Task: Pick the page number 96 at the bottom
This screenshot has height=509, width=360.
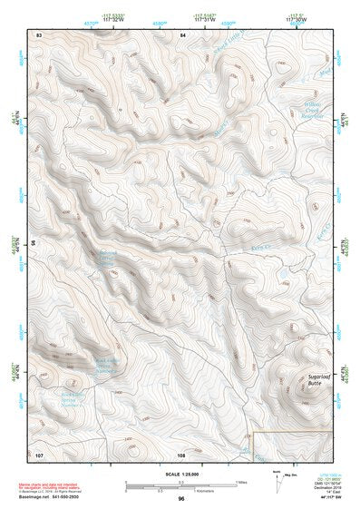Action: click(x=181, y=498)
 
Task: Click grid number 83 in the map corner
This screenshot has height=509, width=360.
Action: click(x=39, y=34)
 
